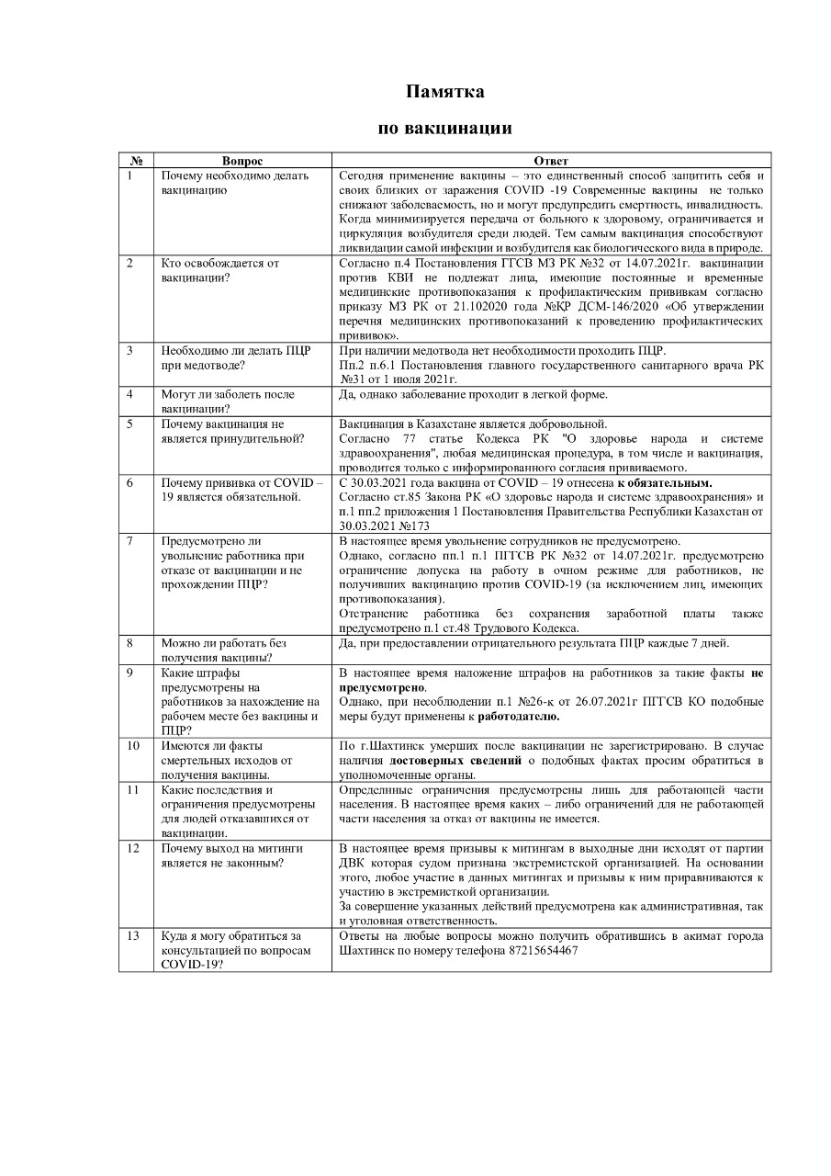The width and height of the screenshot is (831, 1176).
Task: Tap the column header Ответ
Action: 550,161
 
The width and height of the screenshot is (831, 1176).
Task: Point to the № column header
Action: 136,161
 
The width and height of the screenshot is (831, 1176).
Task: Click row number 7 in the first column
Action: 130,541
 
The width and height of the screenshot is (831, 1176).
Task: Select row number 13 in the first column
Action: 133,935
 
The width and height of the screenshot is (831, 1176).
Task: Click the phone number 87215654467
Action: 544,950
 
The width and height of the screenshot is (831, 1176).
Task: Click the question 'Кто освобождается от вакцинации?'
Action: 220,270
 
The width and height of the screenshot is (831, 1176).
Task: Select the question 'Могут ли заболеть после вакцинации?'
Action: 228,401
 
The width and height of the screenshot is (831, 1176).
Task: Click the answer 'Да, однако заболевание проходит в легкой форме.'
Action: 473,395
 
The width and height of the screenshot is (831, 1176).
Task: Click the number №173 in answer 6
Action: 415,526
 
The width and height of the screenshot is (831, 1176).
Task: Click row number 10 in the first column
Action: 133,745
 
